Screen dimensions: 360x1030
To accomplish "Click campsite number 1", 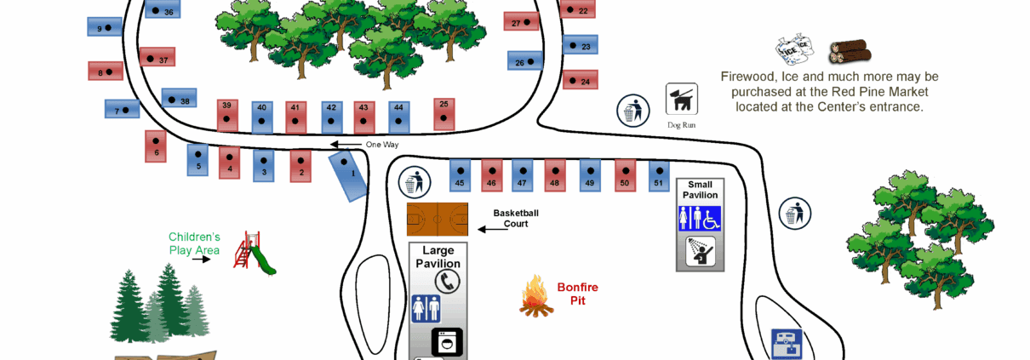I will (348, 176).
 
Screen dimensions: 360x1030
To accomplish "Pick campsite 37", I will (157, 58).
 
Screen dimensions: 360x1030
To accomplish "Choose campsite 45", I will (460, 176).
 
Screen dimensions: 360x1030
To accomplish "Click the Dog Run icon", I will (681, 100).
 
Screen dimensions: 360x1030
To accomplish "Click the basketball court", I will (438, 220).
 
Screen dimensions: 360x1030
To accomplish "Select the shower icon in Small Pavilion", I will (701, 250).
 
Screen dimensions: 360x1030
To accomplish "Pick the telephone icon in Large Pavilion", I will (447, 281).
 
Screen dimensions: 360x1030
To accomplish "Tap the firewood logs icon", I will (850, 52).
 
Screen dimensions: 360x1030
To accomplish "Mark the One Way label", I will (382, 145).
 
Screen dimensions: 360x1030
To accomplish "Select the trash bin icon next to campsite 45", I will (414, 180).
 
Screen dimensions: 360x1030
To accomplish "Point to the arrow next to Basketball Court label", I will (491, 229).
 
